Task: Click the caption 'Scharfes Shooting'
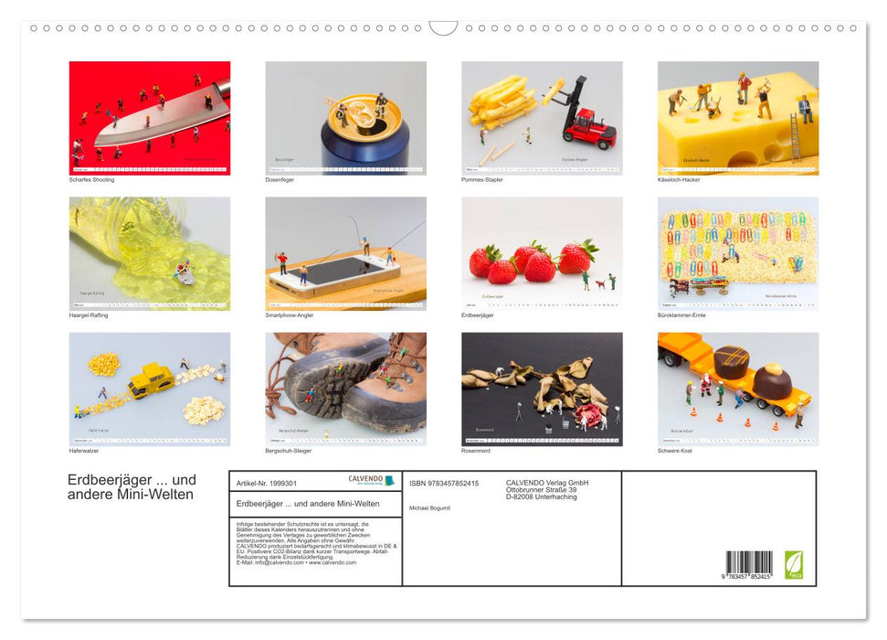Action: pos(91,179)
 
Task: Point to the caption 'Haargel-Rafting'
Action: pos(90,315)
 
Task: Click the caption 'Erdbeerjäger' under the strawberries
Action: pos(478,315)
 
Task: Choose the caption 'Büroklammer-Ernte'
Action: pos(681,315)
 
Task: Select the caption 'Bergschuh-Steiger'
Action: pos(288,450)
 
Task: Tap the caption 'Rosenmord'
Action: pos(476,450)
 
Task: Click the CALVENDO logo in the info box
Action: pos(371,479)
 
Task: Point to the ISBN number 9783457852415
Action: pos(444,483)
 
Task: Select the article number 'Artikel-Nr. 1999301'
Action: pos(266,483)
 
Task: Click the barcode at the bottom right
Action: pos(749,562)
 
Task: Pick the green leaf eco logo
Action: pos(795,563)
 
